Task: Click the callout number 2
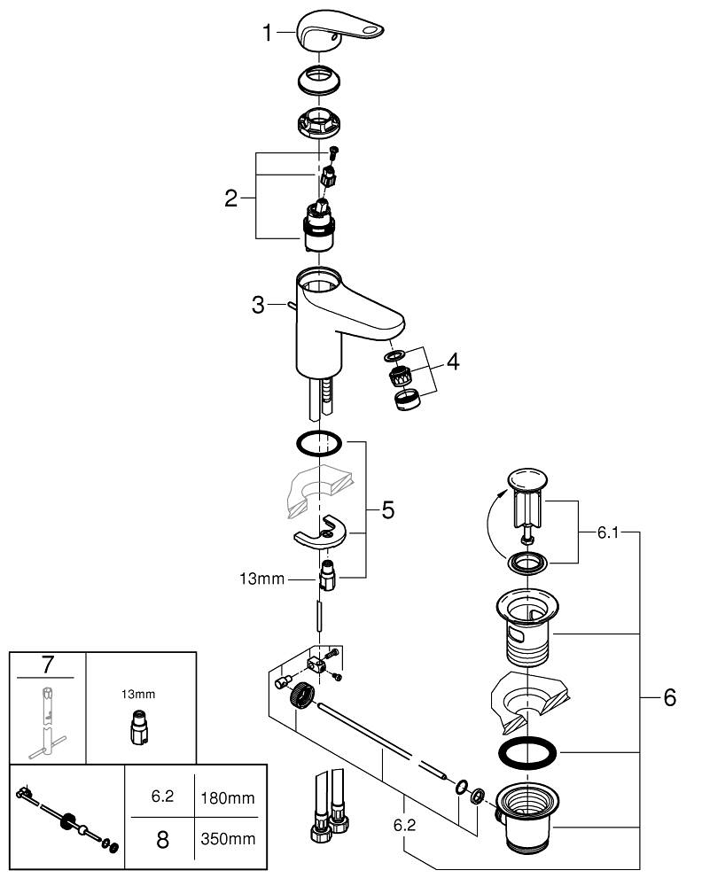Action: pyautogui.click(x=231, y=198)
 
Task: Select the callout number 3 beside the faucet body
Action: pyautogui.click(x=258, y=306)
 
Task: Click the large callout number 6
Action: pyautogui.click(x=669, y=698)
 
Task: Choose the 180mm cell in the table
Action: pyautogui.click(x=229, y=797)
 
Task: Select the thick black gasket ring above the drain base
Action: pyautogui.click(x=528, y=753)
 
